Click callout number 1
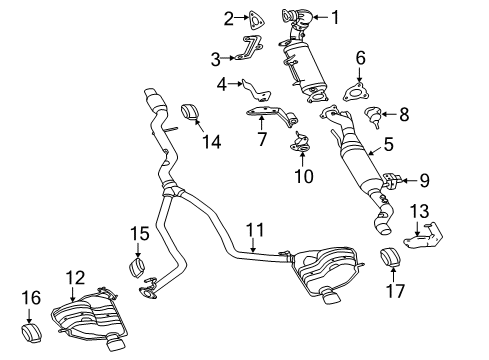[336, 16]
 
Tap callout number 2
[228, 16]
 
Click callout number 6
[361, 60]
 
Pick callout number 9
[425, 181]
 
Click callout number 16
[30, 296]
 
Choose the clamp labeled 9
[393, 182]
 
